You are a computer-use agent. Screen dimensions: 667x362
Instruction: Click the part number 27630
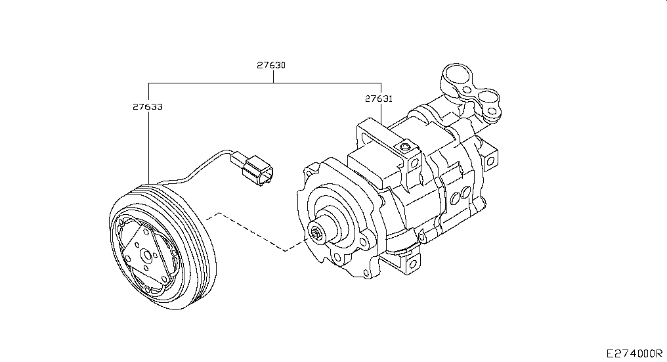coord(271,65)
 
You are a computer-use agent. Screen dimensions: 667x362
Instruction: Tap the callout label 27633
coord(148,106)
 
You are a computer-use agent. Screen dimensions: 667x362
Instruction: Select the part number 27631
coord(379,99)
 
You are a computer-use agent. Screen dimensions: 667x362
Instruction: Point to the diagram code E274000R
coord(634,353)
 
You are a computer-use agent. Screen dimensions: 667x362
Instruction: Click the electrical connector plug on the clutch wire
coord(252,168)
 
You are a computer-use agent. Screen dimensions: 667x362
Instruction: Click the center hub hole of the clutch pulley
coord(147,256)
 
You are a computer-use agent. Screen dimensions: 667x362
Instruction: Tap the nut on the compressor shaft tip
coord(316,233)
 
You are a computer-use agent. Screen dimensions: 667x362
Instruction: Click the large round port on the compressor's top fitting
coord(458,78)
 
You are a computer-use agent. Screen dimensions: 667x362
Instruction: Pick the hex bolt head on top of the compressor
coord(404,147)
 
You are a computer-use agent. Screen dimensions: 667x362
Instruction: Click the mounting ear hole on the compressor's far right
coord(490,161)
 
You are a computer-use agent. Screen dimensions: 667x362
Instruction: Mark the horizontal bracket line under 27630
coord(265,83)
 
